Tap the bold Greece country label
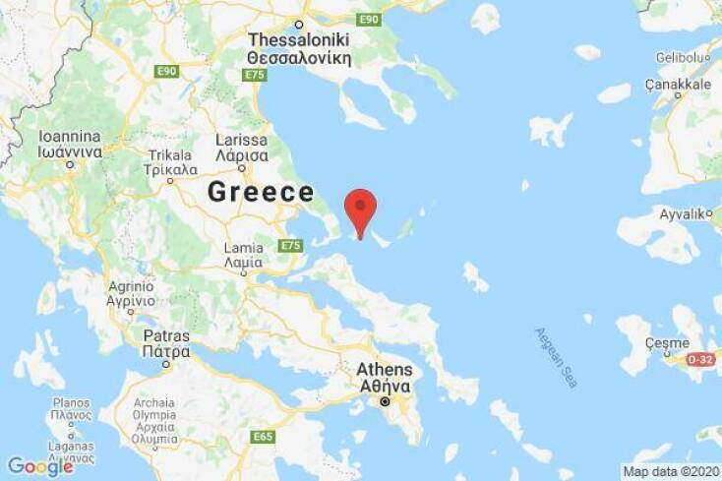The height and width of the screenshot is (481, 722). coord(261,193)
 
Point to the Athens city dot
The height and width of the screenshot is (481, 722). coord(386,401)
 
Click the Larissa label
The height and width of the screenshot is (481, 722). coord(241,148)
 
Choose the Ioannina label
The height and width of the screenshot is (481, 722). coord(70,145)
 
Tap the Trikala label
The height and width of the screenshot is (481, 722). coord(170,162)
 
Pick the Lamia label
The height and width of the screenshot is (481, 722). coord(243,255)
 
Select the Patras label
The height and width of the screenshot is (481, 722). coord(165,342)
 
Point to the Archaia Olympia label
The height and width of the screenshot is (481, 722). coord(155,421)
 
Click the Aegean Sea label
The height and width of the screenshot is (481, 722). coord(556,357)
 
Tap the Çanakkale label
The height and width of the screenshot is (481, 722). coord(678,85)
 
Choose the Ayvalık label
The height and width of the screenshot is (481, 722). coord(684,213)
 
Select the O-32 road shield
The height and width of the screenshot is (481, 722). coord(699,360)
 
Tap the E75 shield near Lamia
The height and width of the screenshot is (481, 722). coord(290,245)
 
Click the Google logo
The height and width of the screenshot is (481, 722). coord(40,466)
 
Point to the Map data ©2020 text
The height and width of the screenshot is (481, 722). coord(671,471)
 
